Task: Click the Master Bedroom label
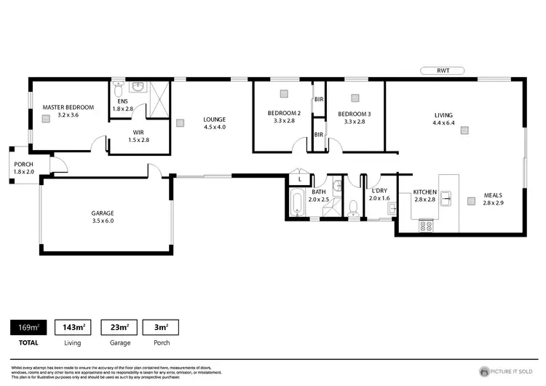[x=68, y=107]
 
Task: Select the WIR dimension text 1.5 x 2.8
[x=138, y=140]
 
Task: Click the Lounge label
[x=215, y=119]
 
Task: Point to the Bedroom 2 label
[x=284, y=113]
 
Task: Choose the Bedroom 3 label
[x=355, y=113]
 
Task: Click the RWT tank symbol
[x=443, y=71]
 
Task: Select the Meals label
[x=494, y=194]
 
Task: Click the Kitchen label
[x=424, y=192]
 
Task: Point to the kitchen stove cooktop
[x=426, y=227]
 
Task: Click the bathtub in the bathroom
[x=296, y=203]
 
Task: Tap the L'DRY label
[x=379, y=191]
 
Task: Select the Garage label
[x=103, y=213]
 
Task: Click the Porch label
[x=23, y=164]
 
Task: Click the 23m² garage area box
[x=119, y=328]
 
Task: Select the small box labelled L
[x=299, y=178]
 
